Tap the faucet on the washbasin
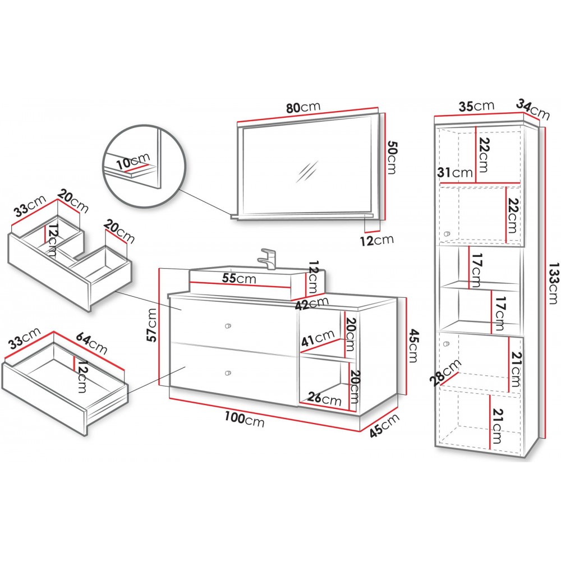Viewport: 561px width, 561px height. [x=268, y=258]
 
